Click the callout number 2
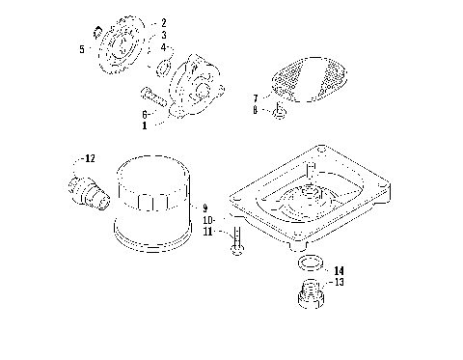tap(163, 22)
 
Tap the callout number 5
tap(82, 48)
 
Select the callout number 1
tap(145, 125)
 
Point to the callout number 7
tap(255, 98)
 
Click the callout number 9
tap(204, 208)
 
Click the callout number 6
tap(145, 113)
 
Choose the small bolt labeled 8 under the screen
tap(278, 115)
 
